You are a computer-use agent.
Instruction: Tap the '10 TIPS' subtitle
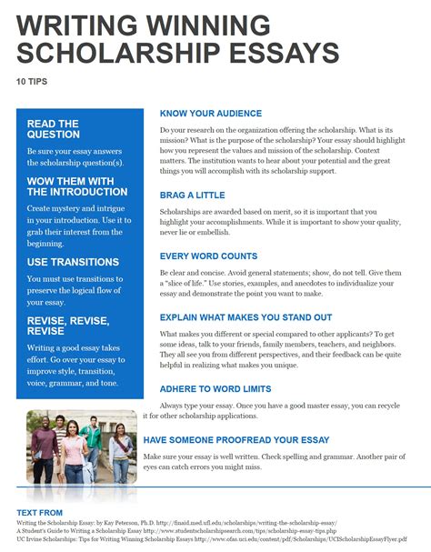tap(31, 81)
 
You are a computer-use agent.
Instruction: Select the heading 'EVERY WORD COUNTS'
tap(208, 256)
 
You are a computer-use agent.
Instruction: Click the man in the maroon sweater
tap(44, 453)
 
